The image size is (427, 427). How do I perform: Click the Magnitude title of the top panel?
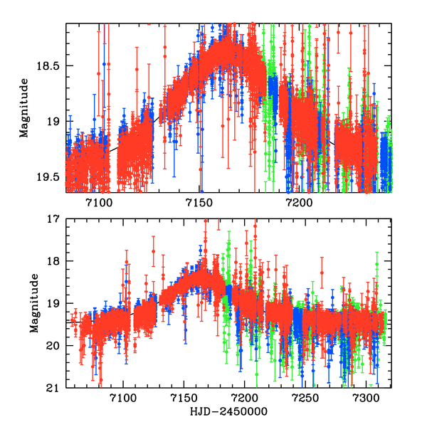(x=24, y=107)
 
